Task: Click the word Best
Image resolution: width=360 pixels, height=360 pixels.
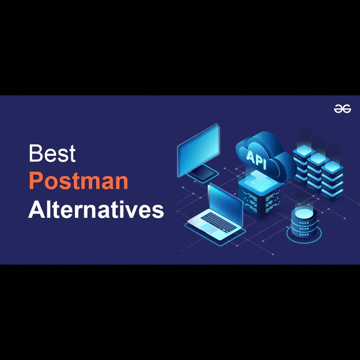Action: (x=52, y=153)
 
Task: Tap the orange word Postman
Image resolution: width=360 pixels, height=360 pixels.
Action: (x=78, y=181)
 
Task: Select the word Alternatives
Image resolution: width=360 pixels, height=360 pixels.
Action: (x=96, y=209)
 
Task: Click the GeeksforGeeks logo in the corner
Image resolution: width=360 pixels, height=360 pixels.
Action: (x=342, y=108)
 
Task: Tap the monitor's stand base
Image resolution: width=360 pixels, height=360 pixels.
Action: (x=203, y=173)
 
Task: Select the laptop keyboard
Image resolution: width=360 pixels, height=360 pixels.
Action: (x=218, y=221)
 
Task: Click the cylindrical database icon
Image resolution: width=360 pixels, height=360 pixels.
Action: (x=304, y=222)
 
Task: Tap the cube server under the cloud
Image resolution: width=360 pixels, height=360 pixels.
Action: (x=261, y=193)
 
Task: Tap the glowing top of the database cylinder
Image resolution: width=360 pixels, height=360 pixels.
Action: (x=304, y=213)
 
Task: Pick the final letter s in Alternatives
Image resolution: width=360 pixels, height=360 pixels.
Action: (x=158, y=211)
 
